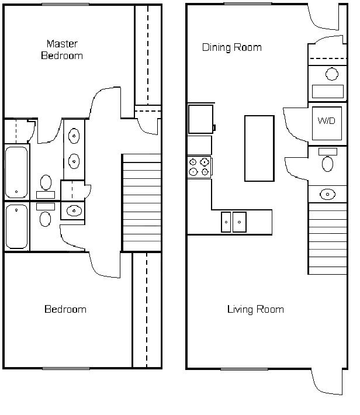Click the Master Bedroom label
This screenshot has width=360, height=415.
coord(62,50)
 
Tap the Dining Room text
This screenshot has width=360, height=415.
coord(232,47)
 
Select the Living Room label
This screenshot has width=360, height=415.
coord(255,309)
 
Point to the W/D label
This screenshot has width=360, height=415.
coord(326,120)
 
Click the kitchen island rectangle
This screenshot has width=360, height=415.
coord(259,148)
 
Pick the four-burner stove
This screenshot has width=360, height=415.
coord(199,167)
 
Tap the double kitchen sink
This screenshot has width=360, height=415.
coord(234,222)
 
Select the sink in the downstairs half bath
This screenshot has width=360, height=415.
coord(327,194)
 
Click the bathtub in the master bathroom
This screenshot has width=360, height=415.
coord(16,172)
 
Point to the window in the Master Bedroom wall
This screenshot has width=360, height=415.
coord(65,4)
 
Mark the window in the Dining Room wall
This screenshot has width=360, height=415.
coord(248,4)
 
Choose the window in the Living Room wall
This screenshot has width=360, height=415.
coord(244,369)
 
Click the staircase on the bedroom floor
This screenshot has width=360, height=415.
coord(142,202)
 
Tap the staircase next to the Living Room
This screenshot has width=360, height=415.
coord(328,238)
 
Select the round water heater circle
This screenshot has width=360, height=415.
coord(332,74)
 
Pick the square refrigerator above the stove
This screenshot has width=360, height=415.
coord(200,119)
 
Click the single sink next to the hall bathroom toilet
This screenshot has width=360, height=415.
coord(74,210)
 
